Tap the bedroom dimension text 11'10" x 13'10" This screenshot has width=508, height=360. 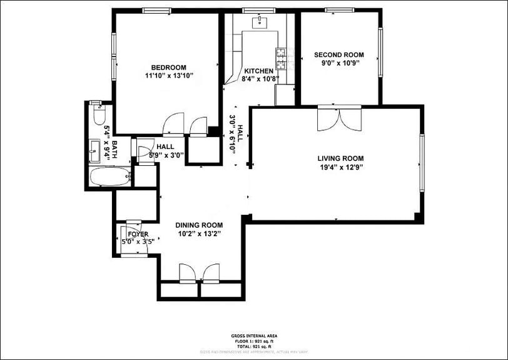click(x=169, y=76)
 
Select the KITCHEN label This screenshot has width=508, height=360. click(x=258, y=71)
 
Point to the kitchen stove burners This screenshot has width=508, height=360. click(x=282, y=58)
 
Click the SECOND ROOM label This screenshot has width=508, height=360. click(x=339, y=54)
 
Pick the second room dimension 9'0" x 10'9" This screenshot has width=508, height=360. click(x=339, y=63)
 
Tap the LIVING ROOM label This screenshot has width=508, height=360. click(x=340, y=158)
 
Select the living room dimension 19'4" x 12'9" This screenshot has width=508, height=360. click(x=340, y=167)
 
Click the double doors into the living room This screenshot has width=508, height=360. click(x=339, y=118)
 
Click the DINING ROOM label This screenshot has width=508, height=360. click(x=199, y=225)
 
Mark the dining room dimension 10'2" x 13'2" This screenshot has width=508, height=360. click(x=199, y=234)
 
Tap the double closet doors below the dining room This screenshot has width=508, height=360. click(x=200, y=273)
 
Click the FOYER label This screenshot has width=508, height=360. click(x=138, y=234)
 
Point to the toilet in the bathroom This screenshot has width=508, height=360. click(x=98, y=116)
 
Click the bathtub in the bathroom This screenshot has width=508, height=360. click(x=109, y=177)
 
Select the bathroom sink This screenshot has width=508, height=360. click(x=95, y=150)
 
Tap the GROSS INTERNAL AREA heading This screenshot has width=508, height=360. click(x=253, y=336)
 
